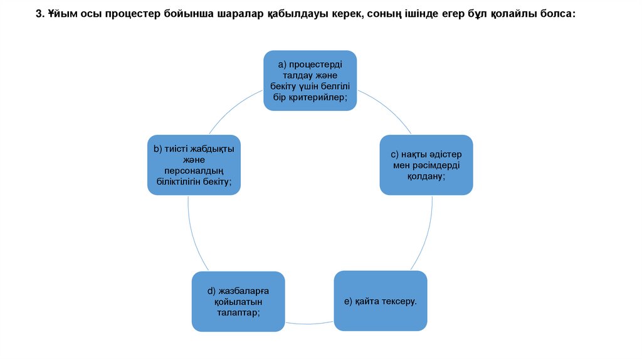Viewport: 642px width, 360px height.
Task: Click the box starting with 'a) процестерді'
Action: click(x=310, y=80)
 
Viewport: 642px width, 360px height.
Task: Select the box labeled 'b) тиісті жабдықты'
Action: click(x=194, y=165)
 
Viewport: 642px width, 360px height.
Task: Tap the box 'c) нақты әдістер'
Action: click(x=426, y=165)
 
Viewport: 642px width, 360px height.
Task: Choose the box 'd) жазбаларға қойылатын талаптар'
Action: click(x=238, y=301)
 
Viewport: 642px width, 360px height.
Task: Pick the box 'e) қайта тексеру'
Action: click(x=381, y=301)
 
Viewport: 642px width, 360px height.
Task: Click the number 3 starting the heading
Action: click(x=38, y=14)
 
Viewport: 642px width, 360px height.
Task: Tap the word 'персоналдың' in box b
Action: click(x=194, y=171)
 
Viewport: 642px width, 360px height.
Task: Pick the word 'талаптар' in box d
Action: click(x=238, y=312)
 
